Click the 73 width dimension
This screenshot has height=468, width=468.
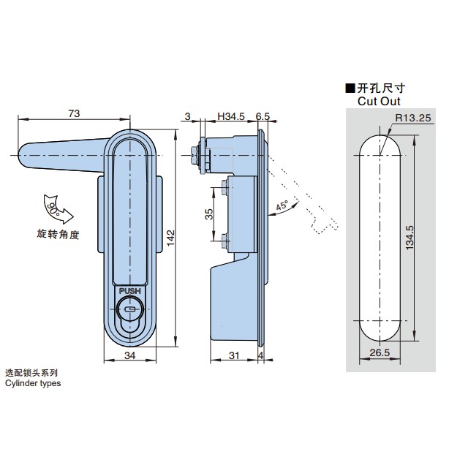click(73, 113)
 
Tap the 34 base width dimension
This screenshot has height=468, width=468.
click(129, 356)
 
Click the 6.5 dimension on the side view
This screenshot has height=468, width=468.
click(263, 116)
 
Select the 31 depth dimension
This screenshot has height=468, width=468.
click(233, 356)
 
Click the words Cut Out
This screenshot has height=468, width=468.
click(379, 102)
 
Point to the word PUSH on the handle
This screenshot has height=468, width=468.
click(129, 290)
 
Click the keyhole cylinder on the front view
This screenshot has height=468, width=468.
click(129, 310)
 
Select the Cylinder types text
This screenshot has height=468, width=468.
click(33, 382)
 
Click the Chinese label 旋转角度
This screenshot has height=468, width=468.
click(57, 234)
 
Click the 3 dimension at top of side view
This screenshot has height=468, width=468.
click(188, 116)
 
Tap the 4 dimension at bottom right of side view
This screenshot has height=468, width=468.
click(261, 356)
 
